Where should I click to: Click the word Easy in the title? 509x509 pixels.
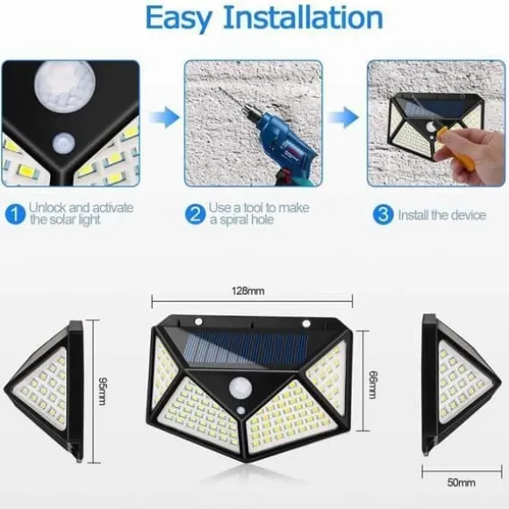(179, 18)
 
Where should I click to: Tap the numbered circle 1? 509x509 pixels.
(15, 214)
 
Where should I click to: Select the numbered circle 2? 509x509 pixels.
(195, 214)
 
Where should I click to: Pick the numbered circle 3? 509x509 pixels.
(383, 214)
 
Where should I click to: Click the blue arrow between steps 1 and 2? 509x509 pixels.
(164, 117)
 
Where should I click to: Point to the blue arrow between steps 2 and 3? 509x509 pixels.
(344, 117)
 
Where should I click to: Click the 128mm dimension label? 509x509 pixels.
(248, 290)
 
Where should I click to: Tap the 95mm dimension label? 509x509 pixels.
(103, 391)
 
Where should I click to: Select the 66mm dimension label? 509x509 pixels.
(373, 384)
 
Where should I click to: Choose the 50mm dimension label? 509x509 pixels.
(462, 483)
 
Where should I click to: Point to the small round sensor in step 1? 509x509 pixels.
(63, 143)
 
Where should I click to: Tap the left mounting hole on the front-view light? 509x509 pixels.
(198, 322)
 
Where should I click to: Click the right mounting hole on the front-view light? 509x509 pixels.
(306, 323)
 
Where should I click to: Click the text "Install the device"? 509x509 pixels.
(442, 215)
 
